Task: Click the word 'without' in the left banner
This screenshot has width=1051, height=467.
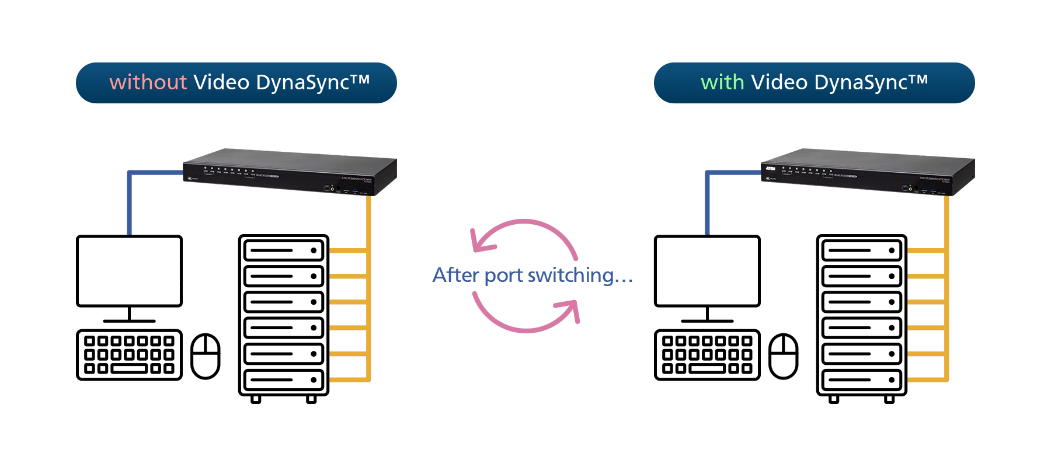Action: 148,82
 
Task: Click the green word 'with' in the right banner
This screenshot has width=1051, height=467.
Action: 722,82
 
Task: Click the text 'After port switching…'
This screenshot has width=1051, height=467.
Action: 532,275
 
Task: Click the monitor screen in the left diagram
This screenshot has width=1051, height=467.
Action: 129,271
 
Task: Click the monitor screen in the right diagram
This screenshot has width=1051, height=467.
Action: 707,271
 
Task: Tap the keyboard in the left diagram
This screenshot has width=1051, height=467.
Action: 129,355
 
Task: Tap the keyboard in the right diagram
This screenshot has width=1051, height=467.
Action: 707,355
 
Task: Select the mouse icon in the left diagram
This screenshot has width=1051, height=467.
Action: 206,356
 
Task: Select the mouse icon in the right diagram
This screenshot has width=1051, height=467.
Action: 784,356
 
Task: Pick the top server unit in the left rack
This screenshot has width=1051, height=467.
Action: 284,250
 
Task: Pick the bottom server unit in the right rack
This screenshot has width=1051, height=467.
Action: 862,380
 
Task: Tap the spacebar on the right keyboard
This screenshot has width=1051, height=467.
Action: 707,369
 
